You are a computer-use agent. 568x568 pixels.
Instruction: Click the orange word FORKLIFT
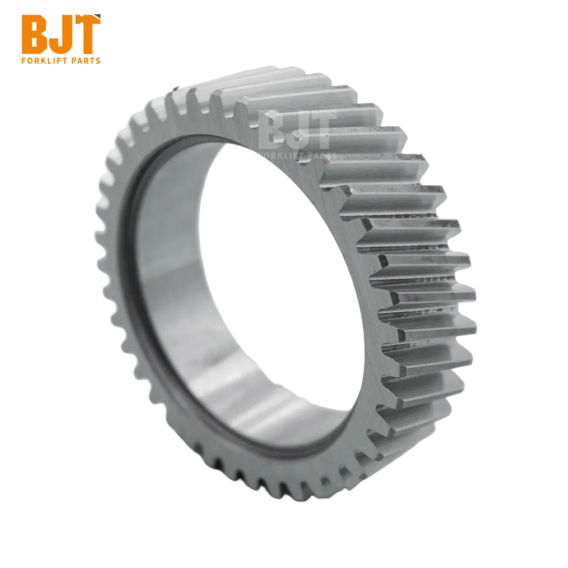point(45,61)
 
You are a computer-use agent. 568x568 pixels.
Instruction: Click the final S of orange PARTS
point(98,61)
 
